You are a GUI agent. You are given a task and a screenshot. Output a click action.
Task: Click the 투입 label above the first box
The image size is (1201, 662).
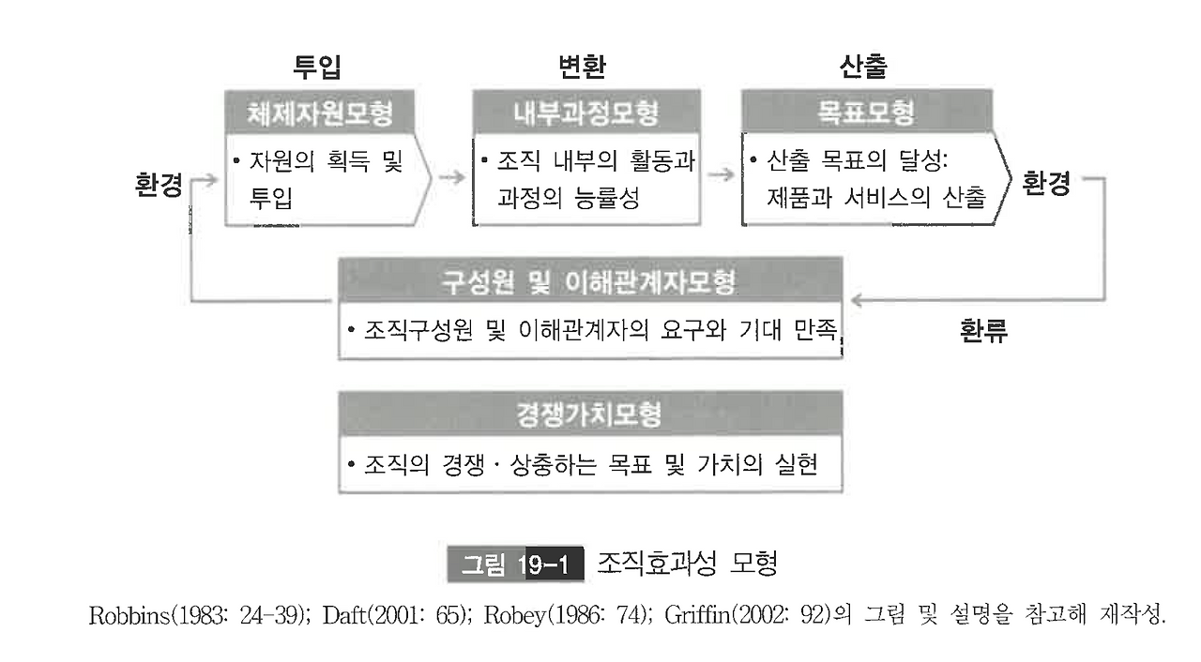tap(316, 68)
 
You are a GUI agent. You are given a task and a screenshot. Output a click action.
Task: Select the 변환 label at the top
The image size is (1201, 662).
tap(582, 68)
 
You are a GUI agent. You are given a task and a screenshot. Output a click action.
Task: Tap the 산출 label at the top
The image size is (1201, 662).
tap(862, 68)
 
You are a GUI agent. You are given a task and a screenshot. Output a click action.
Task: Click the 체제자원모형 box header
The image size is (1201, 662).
tap(319, 113)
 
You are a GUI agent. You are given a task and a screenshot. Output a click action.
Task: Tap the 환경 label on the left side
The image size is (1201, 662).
tap(159, 184)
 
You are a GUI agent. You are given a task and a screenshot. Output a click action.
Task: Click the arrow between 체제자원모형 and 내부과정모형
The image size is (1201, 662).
tap(452, 175)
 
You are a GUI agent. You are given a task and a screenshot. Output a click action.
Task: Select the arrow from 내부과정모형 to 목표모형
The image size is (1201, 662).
tap(721, 175)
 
